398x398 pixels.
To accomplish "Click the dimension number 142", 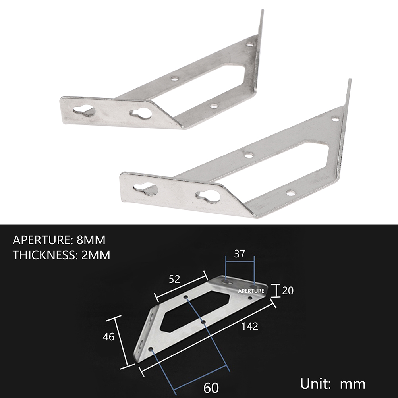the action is tap(250, 326).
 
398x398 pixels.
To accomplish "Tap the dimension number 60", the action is tap(211, 388).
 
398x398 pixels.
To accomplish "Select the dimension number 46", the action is tap(108, 337).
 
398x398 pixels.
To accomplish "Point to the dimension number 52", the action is tap(174, 279).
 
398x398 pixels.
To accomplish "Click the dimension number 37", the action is tap(240, 253).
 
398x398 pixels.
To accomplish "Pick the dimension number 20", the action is tap(288, 290).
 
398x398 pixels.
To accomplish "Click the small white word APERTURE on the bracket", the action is tap(251, 291).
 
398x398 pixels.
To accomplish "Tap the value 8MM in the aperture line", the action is tap(91, 240).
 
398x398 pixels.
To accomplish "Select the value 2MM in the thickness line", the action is tap(96, 255).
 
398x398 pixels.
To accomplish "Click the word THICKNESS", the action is tap(45, 255).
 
